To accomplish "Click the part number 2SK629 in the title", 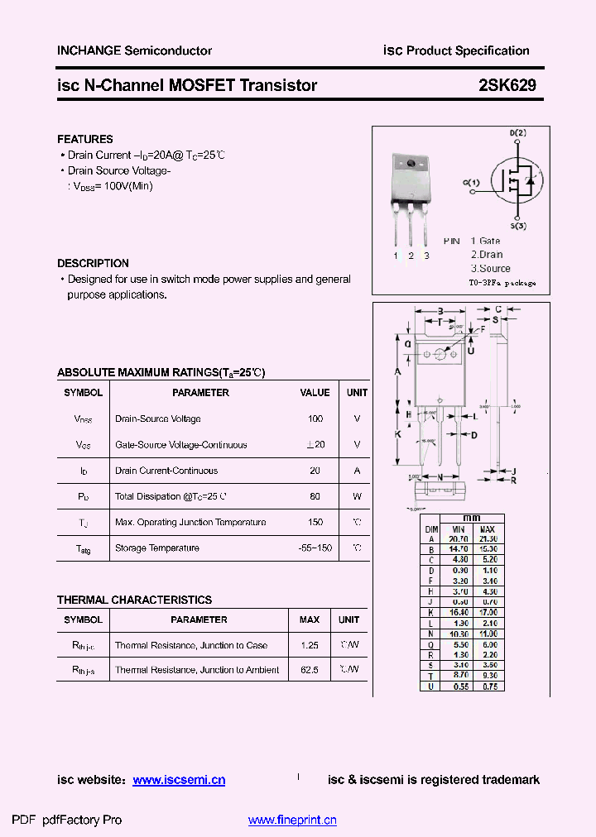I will [x=507, y=85].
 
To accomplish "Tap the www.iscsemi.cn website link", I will [x=179, y=780].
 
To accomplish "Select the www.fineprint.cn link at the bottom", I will [x=292, y=820].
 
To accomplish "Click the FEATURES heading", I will [x=85, y=139].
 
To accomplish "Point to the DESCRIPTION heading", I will [x=93, y=263].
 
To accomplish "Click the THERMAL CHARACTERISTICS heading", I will [x=134, y=600].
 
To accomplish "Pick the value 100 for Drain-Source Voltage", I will [x=315, y=419].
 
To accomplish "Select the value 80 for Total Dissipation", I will [x=315, y=497].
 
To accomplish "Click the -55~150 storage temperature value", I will [x=315, y=548].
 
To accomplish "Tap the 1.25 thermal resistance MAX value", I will [x=310, y=645].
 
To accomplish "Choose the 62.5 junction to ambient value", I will [x=310, y=670].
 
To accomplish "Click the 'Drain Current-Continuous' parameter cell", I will [x=166, y=471].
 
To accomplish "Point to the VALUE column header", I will [x=315, y=393].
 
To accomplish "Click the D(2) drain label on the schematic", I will [x=517, y=133].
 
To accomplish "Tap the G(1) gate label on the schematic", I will [x=471, y=182].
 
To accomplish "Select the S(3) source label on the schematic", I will [x=518, y=226].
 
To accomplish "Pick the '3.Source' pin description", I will [x=491, y=268].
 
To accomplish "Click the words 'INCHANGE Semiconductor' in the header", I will [x=134, y=50].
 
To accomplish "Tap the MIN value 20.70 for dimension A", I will [x=458, y=538].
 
